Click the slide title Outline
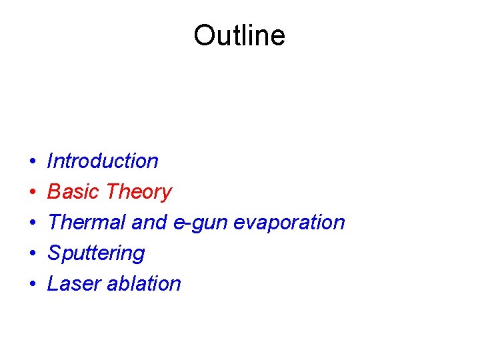click(239, 35)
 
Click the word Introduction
click(103, 161)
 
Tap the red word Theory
click(139, 192)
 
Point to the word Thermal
click(87, 222)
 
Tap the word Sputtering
click(96, 253)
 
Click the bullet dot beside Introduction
click(32, 162)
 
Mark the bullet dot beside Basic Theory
click(32, 193)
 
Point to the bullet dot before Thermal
click(32, 223)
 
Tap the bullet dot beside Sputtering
click(32, 254)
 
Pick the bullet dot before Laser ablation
click(32, 285)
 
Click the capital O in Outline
click(204, 35)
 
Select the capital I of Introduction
click(51, 161)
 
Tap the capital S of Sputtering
click(54, 253)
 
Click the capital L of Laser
click(53, 283)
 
